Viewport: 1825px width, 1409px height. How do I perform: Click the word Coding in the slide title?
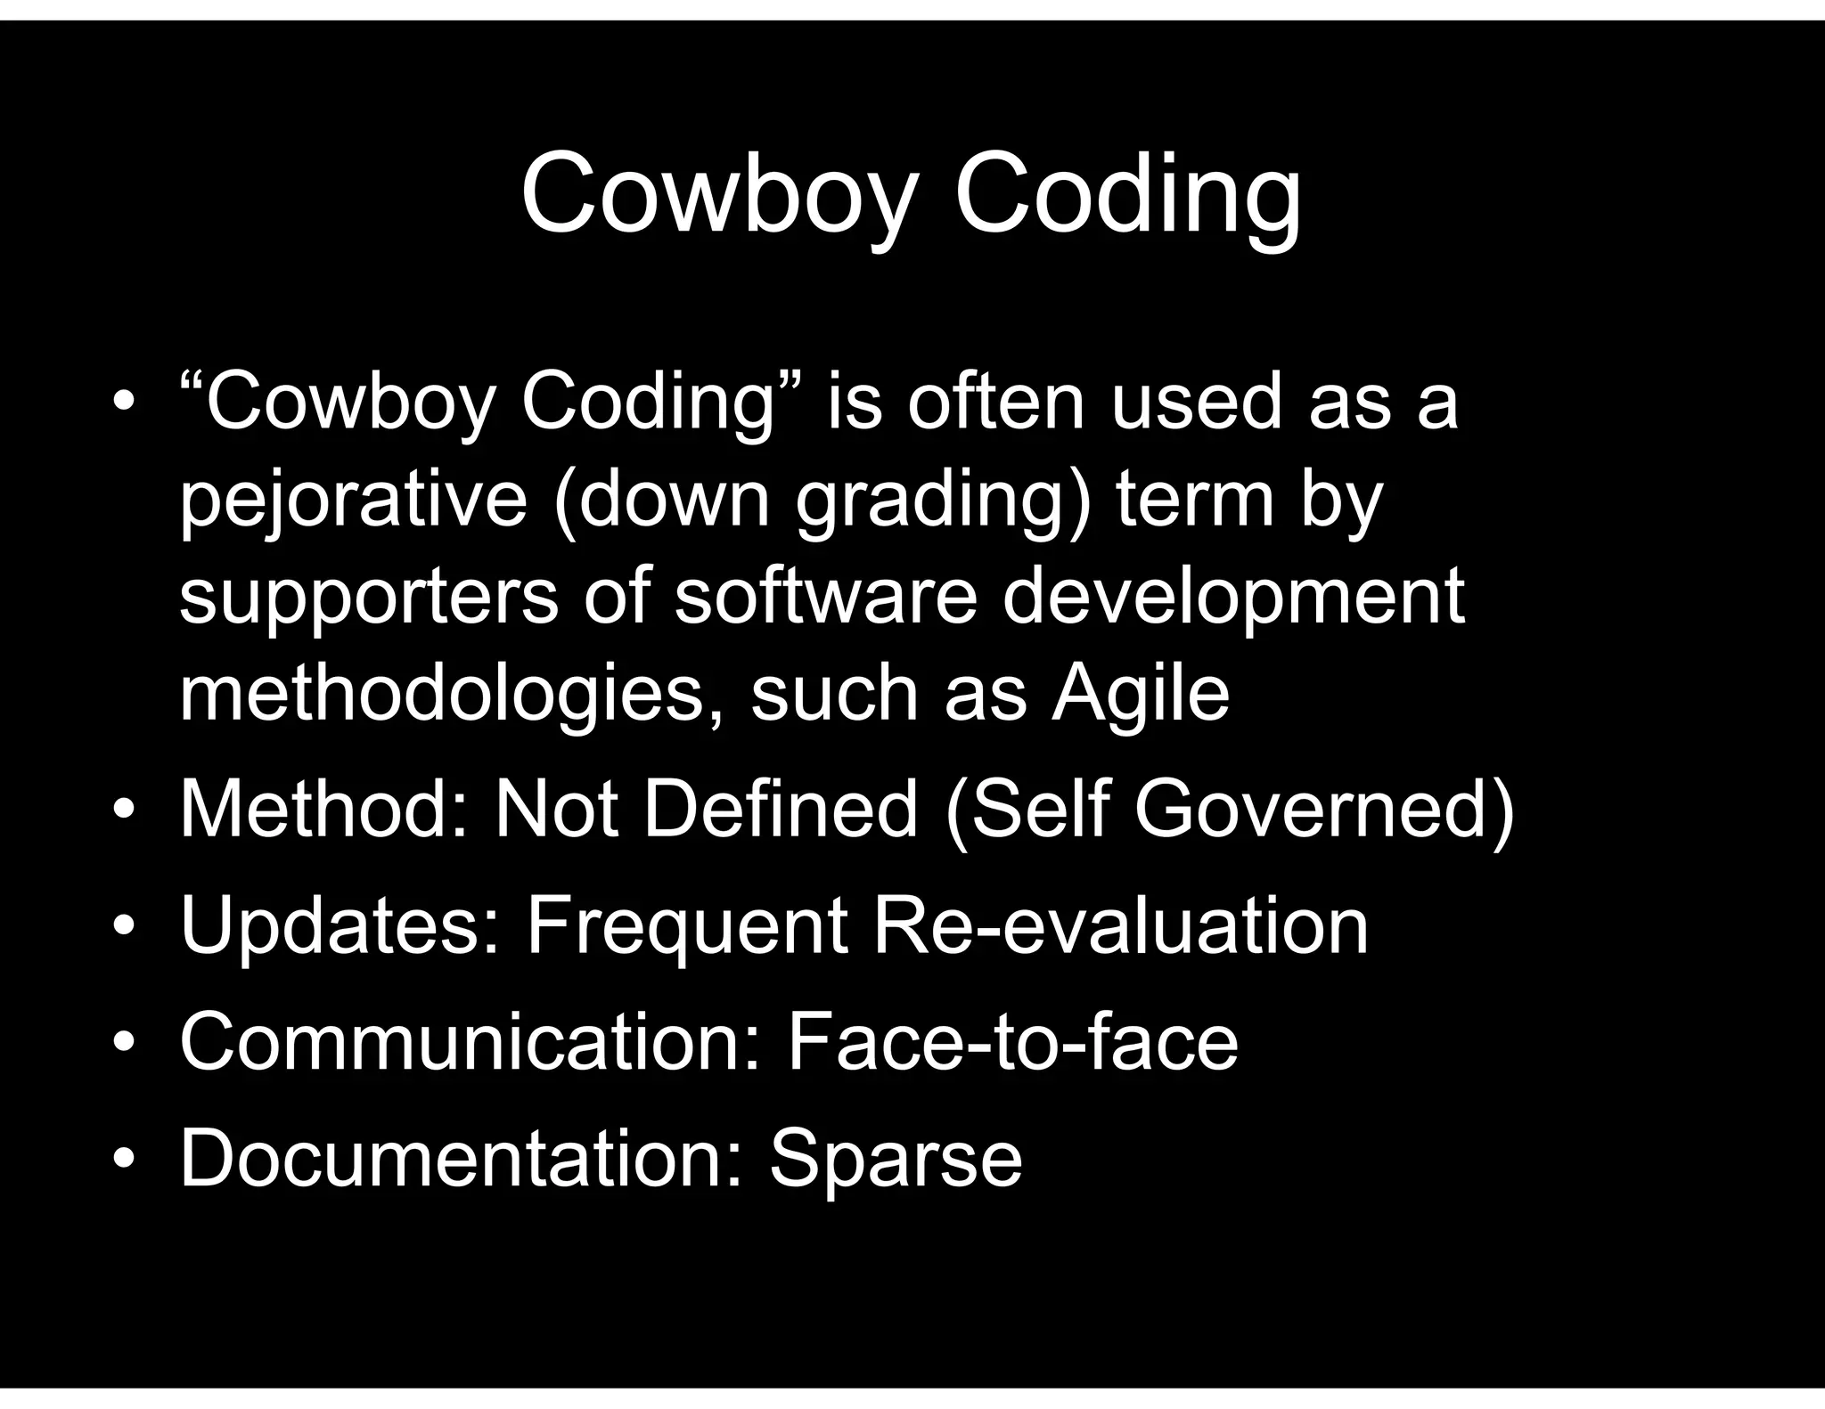point(1127,195)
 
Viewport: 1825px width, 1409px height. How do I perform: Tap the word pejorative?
point(354,501)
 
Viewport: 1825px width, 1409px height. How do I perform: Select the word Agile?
point(1140,694)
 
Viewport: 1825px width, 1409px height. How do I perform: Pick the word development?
point(1233,597)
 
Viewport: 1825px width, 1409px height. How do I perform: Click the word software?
point(826,595)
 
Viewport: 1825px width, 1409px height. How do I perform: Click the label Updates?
point(340,926)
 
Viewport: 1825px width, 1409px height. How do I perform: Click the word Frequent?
point(687,926)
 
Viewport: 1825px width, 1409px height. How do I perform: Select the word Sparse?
point(896,1159)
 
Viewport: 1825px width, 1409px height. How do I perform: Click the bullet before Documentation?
point(124,1160)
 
